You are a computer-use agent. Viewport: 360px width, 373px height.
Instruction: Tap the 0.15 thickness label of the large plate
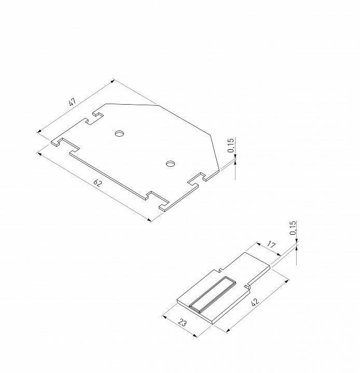tap(231, 146)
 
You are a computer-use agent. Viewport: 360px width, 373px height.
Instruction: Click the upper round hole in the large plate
tap(120, 134)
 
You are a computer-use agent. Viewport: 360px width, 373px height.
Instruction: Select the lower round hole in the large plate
tap(170, 164)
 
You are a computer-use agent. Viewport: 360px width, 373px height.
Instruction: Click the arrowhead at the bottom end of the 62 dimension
tap(150, 220)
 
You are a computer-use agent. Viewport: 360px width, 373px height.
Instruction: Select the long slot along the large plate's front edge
tap(109, 174)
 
